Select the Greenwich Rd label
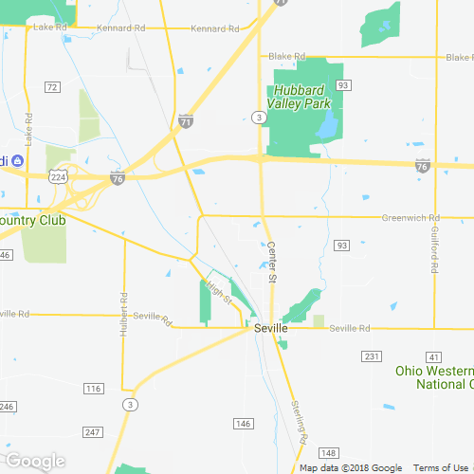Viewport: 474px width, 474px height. tap(410, 217)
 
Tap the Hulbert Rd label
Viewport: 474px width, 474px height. tap(123, 312)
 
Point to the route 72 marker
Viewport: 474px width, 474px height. tap(52, 87)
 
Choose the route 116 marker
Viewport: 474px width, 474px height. tap(93, 389)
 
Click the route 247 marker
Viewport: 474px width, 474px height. tap(92, 431)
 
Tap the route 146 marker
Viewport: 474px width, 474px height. tap(244, 423)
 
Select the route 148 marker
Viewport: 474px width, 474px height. tap(329, 452)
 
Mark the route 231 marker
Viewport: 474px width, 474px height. tap(371, 355)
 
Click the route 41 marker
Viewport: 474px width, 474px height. tap(434, 355)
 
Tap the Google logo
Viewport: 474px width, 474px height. tap(35, 461)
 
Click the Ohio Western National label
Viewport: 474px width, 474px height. tap(435, 376)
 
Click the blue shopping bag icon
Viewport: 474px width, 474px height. tap(15, 160)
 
